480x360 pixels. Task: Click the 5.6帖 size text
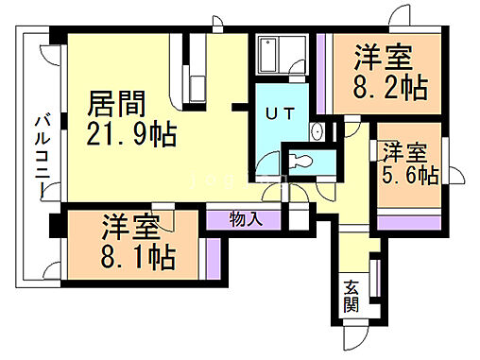point(409,176)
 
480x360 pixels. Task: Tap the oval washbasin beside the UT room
point(319,131)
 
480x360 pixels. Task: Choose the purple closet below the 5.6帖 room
point(408,223)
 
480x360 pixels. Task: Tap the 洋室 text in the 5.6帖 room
point(404,152)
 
